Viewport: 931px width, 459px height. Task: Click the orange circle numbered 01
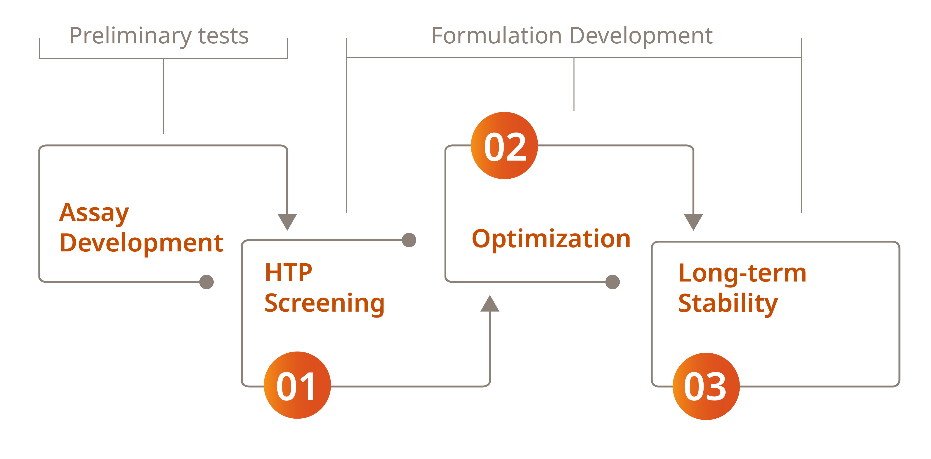tap(297, 385)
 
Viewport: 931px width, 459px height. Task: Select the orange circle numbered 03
tap(706, 386)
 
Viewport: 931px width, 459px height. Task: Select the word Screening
tap(324, 303)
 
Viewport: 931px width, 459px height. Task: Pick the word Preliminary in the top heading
tap(130, 36)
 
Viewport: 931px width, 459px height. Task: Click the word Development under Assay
tap(141, 243)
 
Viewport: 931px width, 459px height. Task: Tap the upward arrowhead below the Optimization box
tap(490, 304)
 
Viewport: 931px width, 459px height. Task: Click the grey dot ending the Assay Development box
tap(206, 282)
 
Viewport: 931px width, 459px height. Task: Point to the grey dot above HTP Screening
tap(409, 240)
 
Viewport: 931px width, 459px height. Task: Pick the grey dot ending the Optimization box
tap(613, 282)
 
